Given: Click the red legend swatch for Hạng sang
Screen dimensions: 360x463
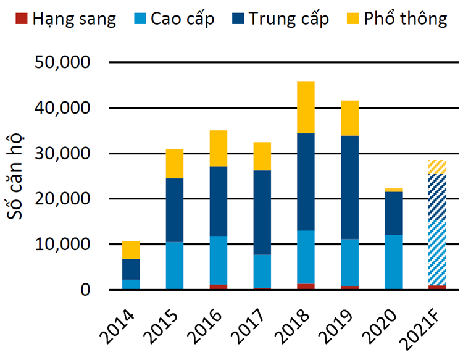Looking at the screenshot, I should pyautogui.click(x=21, y=19).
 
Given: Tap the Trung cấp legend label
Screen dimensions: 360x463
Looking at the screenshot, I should pyautogui.click(x=289, y=19).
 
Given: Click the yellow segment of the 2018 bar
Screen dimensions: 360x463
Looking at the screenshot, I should pyautogui.click(x=306, y=107).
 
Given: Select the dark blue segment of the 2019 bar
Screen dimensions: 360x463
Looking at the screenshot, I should pyautogui.click(x=349, y=187).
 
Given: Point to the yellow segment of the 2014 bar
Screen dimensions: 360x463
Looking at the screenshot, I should pyautogui.click(x=130, y=249).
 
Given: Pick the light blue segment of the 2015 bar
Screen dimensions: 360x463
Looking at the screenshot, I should pyautogui.click(x=174, y=266).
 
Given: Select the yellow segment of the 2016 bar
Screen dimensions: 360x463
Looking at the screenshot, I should pyautogui.click(x=218, y=148).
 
